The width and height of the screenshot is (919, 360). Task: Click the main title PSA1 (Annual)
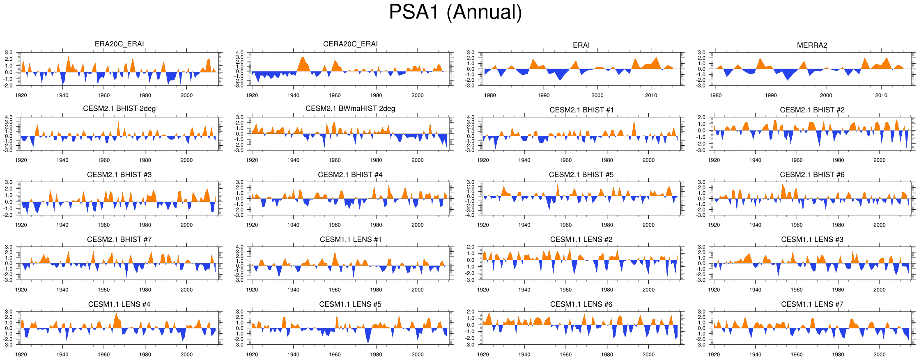coord(455,12)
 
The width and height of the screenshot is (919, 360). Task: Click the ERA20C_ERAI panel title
coord(119,44)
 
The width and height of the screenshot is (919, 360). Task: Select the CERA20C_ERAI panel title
coord(350,44)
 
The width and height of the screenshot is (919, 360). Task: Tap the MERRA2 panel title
coord(812,45)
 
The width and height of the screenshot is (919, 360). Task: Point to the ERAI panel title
coord(581,45)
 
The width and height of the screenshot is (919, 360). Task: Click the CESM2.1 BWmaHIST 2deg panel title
coord(350,109)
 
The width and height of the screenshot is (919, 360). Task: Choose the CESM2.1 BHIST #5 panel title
coord(581,175)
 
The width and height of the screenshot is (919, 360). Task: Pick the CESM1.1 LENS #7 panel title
coord(812,304)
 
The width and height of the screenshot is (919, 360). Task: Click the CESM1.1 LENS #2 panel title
coord(581,240)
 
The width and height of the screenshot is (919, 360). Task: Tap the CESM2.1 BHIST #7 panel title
coord(119,240)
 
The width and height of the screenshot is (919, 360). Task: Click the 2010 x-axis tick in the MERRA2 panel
coord(881,95)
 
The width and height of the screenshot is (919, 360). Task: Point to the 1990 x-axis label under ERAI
coord(544,95)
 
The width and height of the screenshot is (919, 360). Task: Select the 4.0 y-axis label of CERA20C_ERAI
coord(240,53)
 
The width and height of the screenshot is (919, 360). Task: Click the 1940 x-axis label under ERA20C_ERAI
coord(62,95)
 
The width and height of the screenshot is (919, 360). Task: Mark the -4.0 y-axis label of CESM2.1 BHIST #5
coord(470,215)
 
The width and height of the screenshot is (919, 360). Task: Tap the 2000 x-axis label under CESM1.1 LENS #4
coord(186,355)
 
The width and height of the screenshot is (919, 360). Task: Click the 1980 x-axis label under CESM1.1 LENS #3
coord(838,290)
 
